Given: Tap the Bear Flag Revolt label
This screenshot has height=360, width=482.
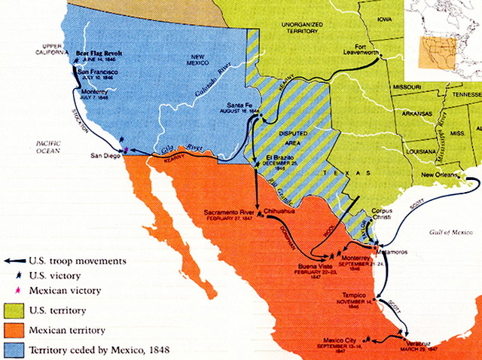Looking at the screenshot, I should pos(99,53).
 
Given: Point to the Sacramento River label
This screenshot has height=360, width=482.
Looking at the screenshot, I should pos(229,212).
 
